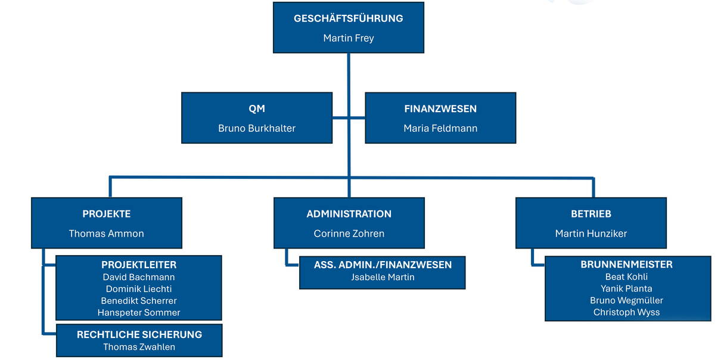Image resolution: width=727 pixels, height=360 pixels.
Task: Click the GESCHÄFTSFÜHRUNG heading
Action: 348,18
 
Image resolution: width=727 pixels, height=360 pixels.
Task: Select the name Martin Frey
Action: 348,38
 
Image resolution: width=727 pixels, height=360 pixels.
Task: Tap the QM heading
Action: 257,109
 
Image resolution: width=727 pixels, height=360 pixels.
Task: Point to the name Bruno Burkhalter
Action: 257,128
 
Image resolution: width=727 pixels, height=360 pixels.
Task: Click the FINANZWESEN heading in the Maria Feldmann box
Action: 440,109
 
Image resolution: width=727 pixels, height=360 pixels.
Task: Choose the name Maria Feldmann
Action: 440,128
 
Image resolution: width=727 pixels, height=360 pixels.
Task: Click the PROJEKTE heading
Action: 107,214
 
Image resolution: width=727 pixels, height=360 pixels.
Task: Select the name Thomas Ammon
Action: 107,234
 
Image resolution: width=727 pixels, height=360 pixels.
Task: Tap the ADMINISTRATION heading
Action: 349,214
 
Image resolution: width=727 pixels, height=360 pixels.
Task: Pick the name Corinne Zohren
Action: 349,234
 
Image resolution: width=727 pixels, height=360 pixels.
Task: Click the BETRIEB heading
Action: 591,214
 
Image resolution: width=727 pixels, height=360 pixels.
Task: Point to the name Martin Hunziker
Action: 591,234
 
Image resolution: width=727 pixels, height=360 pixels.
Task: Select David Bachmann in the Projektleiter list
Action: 139,277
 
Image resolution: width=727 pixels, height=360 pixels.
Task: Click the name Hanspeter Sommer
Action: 139,312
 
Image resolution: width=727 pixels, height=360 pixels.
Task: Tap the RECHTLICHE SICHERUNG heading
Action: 139,334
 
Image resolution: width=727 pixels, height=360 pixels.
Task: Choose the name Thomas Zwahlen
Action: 139,347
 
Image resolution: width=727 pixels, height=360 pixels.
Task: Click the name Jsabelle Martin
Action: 383,277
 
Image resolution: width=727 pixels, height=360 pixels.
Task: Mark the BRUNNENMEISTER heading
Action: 626,265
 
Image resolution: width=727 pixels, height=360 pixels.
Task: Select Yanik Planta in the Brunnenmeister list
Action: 626,288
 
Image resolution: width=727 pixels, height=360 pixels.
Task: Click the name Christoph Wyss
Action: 626,312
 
